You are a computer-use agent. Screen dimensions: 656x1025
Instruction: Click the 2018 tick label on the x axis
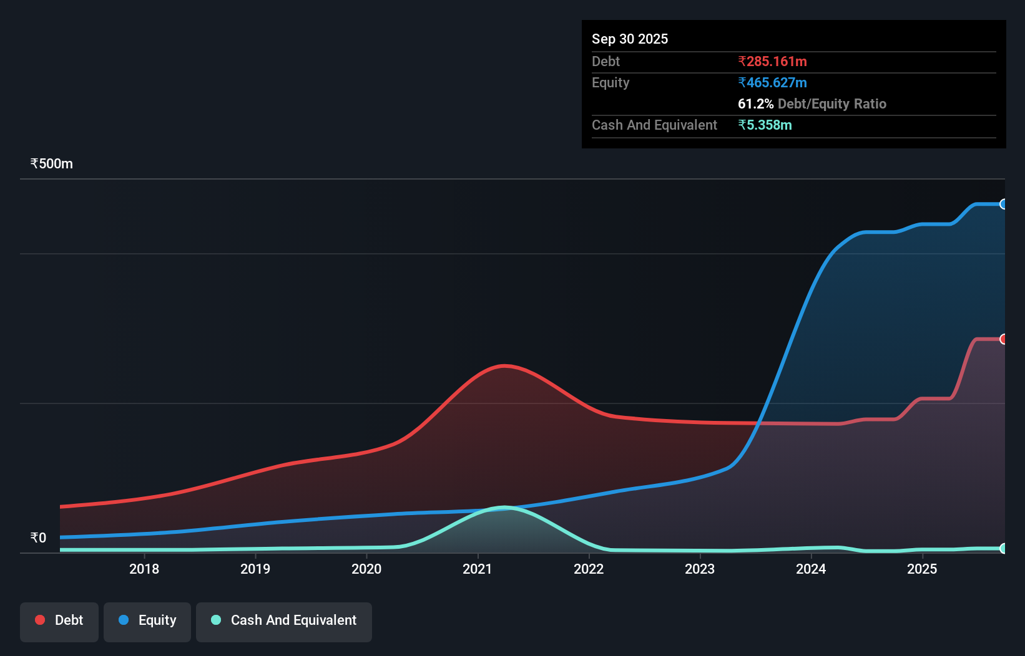point(144,569)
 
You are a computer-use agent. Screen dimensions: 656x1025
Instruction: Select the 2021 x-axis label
point(478,569)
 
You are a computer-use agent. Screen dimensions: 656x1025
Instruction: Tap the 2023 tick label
point(700,569)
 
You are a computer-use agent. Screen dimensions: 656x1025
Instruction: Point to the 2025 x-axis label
point(922,569)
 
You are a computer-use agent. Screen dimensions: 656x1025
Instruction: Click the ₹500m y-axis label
point(52,163)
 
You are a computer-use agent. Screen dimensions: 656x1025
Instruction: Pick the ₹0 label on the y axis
point(38,538)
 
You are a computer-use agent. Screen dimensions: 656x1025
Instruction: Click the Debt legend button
point(59,620)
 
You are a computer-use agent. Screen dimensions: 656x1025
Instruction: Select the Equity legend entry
point(147,620)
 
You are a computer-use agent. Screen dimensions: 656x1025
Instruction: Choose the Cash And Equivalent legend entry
point(284,620)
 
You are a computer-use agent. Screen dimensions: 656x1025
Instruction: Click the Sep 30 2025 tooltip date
point(630,39)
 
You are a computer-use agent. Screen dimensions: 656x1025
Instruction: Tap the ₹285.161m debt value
point(772,61)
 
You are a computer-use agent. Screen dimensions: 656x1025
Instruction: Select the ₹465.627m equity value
point(772,82)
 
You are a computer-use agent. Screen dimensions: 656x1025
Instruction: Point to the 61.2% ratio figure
point(755,104)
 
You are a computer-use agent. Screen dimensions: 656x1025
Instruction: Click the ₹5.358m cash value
point(765,125)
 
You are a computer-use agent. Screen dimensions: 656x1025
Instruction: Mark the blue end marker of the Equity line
point(1004,204)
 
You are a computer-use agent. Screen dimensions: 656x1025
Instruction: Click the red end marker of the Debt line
point(1004,339)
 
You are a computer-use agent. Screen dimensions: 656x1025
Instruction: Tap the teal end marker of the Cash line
point(1004,549)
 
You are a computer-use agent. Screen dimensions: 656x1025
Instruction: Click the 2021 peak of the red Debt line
point(504,365)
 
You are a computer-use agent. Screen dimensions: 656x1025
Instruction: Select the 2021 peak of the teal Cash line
point(504,508)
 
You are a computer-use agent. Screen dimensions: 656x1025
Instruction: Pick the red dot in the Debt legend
point(40,620)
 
